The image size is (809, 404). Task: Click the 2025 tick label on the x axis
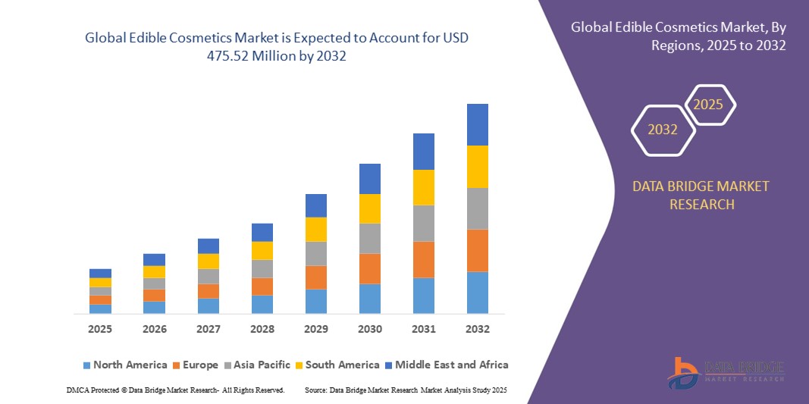(100, 329)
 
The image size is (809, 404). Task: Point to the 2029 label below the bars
(316, 329)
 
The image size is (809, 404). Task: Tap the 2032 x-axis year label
(478, 329)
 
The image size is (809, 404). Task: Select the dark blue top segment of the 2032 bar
(478, 124)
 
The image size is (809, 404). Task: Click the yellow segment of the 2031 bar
(424, 187)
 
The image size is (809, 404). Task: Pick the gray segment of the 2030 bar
(370, 238)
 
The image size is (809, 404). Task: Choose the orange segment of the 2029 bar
(316, 277)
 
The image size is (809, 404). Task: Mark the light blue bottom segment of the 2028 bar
(262, 304)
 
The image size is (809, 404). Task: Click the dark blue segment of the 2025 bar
(100, 273)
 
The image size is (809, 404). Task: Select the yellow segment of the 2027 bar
(209, 261)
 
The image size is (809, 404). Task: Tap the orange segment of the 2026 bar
(154, 296)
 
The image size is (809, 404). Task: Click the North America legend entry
(124, 365)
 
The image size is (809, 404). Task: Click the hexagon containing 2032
(663, 130)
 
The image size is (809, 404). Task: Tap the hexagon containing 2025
(709, 105)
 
